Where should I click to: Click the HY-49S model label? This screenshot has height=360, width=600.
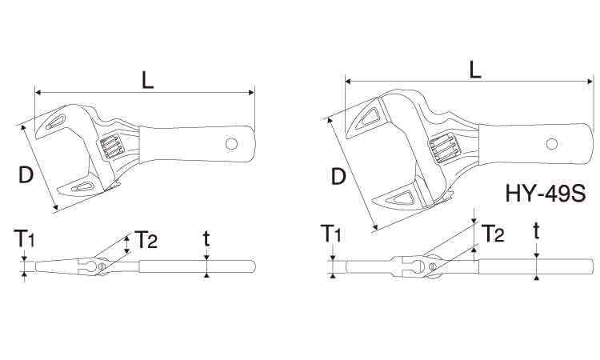[546, 193]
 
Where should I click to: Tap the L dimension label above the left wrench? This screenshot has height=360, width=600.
[148, 80]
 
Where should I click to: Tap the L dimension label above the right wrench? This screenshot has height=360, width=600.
[475, 70]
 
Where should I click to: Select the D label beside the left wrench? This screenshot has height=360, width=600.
[26, 175]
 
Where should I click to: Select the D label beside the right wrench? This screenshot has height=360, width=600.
[338, 176]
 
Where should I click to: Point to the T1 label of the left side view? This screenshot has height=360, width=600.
[25, 238]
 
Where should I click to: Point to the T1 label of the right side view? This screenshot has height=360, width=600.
[330, 234]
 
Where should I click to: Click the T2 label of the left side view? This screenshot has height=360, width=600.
[146, 240]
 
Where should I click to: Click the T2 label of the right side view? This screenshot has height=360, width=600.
[493, 234]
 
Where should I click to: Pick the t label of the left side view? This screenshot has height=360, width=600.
[206, 238]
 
